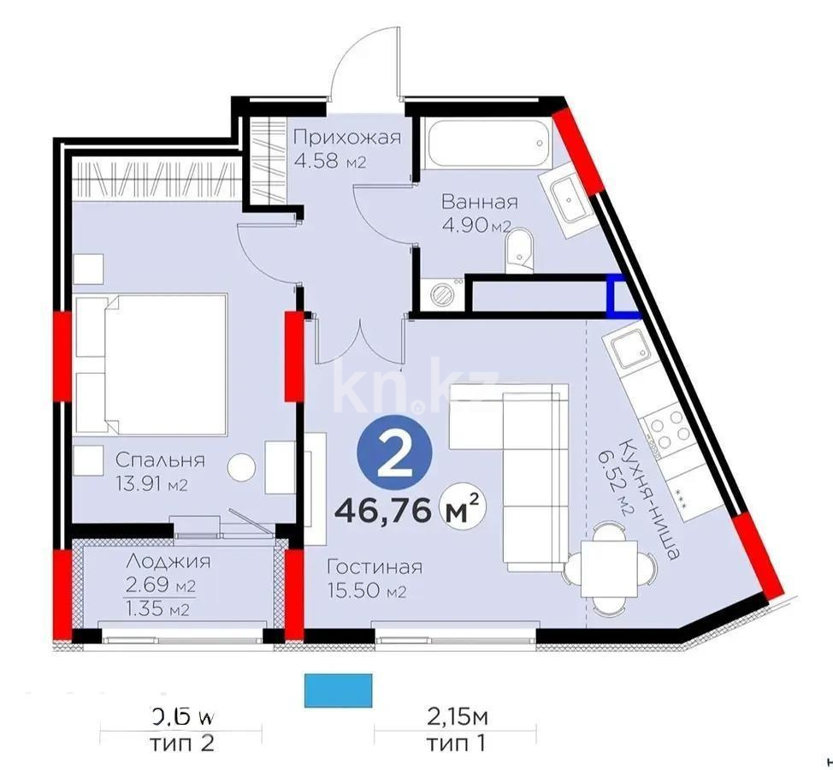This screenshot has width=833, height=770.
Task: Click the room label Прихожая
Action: pyautogui.click(x=346, y=138)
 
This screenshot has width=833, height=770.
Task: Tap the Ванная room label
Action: pyautogui.click(x=479, y=203)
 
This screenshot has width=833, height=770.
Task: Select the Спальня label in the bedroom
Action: pyautogui.click(x=160, y=460)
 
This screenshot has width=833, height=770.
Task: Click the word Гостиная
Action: pyautogui.click(x=375, y=567)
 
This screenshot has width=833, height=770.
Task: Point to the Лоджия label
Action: pyautogui.click(x=168, y=563)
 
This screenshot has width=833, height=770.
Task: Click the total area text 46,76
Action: pyautogui.click(x=383, y=511)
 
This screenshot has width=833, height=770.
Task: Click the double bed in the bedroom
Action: pyautogui.click(x=151, y=364)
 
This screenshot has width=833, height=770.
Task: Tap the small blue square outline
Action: pyautogui.click(x=622, y=296)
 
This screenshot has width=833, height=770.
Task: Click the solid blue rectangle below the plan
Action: pyautogui.click(x=339, y=690)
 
